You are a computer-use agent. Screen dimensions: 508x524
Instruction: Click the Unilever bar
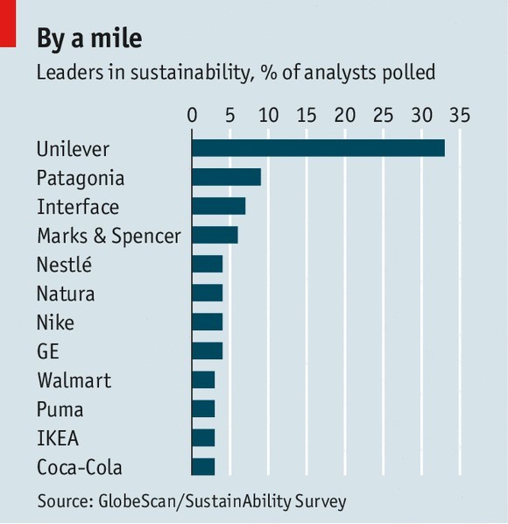(x=318, y=148)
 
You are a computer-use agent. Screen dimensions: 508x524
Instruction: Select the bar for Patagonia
(x=227, y=177)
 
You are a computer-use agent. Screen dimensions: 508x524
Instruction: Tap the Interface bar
(x=219, y=206)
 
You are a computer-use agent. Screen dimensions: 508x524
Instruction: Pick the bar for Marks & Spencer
(x=215, y=235)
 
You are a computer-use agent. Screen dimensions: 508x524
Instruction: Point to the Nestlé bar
(x=208, y=264)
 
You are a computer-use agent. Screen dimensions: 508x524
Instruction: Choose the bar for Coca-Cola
(x=203, y=467)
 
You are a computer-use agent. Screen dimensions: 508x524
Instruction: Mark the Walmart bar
(x=203, y=380)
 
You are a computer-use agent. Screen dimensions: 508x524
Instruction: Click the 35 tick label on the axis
(x=460, y=116)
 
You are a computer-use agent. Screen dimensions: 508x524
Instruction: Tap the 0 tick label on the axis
(x=192, y=116)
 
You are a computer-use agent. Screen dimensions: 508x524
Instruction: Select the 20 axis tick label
(x=345, y=116)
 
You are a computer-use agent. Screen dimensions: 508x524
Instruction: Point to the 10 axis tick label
(x=269, y=116)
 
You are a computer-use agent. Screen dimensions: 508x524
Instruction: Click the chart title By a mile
(x=89, y=39)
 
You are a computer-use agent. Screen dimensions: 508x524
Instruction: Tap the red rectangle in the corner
(x=8, y=24)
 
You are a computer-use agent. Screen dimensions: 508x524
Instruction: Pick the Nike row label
(x=55, y=322)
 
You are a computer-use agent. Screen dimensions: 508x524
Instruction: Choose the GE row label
(x=48, y=351)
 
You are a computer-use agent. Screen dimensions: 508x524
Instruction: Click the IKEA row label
(x=58, y=438)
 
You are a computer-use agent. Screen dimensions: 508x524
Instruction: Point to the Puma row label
(x=60, y=409)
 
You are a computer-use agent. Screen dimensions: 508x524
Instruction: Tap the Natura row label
(x=66, y=294)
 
